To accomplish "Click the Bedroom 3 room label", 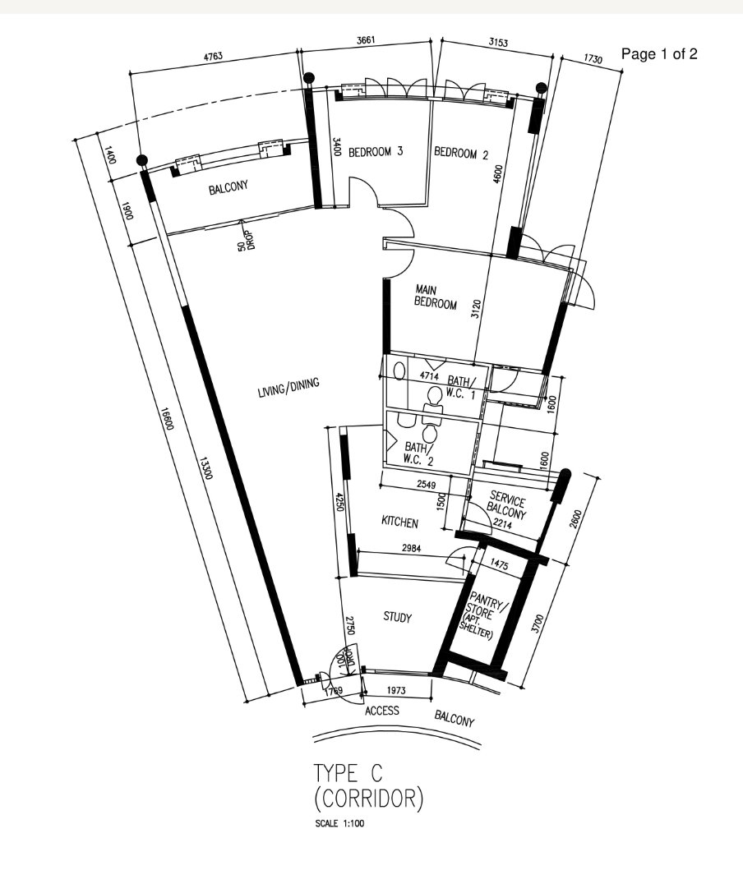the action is [375, 151].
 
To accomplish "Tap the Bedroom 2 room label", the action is [460, 153].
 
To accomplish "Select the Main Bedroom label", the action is [435, 297].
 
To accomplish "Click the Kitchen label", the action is [399, 522].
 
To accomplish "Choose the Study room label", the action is [397, 617].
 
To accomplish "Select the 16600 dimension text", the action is [167, 418].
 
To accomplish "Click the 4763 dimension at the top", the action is [213, 56].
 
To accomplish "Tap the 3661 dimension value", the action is [367, 40].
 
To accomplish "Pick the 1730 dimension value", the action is [593, 58].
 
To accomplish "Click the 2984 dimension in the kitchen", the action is [411, 548].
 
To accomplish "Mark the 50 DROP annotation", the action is [246, 240].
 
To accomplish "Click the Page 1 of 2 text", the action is [659, 54].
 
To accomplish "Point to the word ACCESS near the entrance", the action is [381, 711].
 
